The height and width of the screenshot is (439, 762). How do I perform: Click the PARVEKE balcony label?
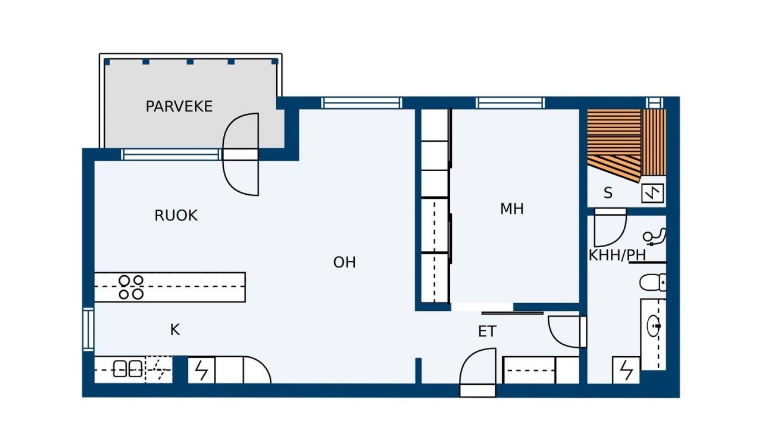point(179,107)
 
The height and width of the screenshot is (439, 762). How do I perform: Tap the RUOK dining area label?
point(176,216)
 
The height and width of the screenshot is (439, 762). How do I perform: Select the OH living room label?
point(344,262)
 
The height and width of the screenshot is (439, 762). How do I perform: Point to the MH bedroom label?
point(511,208)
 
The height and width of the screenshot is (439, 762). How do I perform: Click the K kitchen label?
point(175,329)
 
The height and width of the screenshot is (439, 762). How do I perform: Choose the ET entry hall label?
point(487,331)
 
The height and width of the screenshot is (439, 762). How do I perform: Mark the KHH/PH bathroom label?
point(617,255)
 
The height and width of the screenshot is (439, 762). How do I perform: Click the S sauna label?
point(608,193)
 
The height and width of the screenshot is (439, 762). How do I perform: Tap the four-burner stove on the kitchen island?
point(131,287)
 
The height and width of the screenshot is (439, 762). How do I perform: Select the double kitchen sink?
point(127,369)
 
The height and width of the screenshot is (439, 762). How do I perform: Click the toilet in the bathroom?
point(653,282)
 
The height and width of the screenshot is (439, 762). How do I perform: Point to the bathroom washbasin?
point(654,326)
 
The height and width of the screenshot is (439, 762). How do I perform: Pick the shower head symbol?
point(654,237)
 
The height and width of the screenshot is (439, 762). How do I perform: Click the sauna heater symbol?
point(652,194)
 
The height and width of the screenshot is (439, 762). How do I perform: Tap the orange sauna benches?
point(626,145)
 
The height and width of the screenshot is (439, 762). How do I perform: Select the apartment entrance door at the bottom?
point(477,372)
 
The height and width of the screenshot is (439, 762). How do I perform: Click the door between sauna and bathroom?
point(610,228)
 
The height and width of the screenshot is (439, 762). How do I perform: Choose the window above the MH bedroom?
point(510,103)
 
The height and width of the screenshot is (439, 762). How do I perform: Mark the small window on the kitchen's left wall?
point(89,329)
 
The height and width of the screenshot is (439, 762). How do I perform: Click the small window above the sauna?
point(655,103)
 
